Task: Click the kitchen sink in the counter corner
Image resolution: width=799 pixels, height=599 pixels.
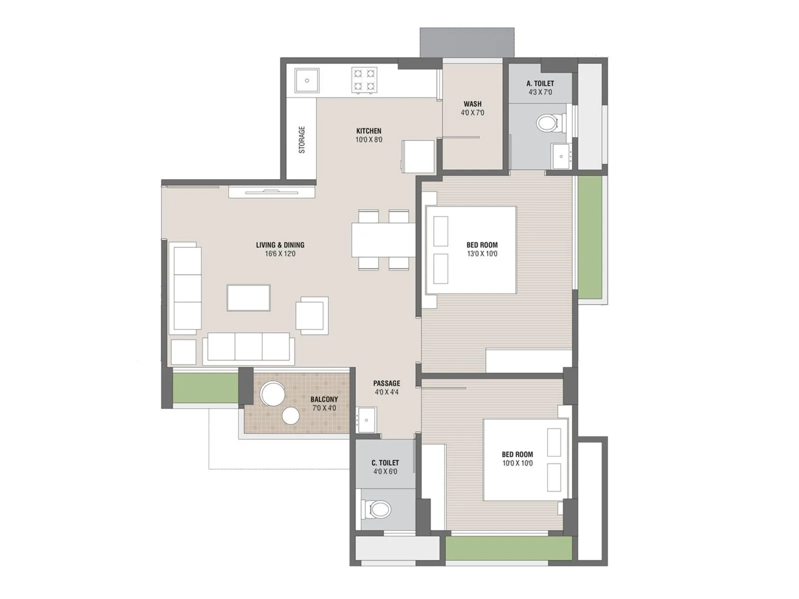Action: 307,80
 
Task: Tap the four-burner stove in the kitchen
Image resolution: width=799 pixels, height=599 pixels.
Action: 364,80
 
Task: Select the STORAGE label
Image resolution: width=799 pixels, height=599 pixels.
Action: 302,140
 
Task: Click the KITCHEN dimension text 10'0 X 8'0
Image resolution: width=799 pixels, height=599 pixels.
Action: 369,140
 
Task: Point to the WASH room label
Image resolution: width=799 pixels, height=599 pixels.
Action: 472,104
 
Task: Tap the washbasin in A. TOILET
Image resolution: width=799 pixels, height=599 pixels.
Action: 562,156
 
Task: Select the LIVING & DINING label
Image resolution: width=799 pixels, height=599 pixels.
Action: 280,245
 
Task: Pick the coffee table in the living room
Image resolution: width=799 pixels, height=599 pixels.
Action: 249,298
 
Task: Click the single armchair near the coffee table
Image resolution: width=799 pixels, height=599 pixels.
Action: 312,315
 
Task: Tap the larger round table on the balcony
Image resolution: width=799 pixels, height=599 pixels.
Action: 273,393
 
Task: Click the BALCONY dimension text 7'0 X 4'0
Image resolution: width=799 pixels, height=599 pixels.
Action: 324,408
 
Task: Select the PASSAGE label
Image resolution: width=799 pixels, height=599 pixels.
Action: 387,383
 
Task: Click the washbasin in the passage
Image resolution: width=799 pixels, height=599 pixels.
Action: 367,419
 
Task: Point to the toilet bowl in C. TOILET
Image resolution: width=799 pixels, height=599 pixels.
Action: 377,510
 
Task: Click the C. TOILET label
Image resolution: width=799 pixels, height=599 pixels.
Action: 385,463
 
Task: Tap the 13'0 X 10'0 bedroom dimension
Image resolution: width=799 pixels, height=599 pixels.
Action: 482,254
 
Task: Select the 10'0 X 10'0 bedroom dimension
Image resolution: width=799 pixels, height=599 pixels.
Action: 517,463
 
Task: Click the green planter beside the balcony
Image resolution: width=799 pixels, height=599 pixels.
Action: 205,387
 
